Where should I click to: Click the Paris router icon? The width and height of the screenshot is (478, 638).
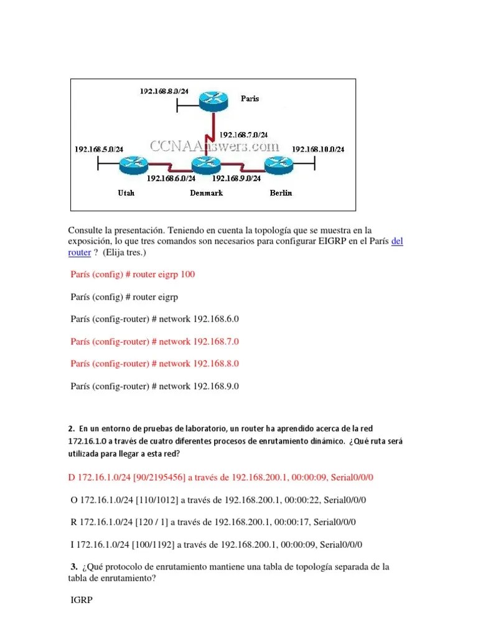(x=213, y=100)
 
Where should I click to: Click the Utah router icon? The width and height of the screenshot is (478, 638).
(x=131, y=165)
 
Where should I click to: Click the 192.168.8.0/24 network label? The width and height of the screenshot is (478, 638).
(x=164, y=91)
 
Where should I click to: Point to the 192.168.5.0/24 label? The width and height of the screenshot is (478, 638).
(x=98, y=149)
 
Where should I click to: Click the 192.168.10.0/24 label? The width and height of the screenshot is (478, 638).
(x=318, y=149)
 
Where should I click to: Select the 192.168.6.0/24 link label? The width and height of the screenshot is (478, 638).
(x=171, y=178)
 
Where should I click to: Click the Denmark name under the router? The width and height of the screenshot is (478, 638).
(x=206, y=193)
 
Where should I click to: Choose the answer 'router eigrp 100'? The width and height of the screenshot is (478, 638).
(x=137, y=274)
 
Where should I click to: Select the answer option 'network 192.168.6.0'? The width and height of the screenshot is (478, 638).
(x=155, y=319)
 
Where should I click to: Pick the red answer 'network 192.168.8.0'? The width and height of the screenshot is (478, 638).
(x=155, y=363)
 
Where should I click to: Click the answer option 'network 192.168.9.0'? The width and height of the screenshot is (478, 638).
(x=155, y=386)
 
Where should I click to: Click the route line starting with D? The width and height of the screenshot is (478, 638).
(x=221, y=477)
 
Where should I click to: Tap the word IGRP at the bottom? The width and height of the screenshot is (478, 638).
(x=82, y=603)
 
